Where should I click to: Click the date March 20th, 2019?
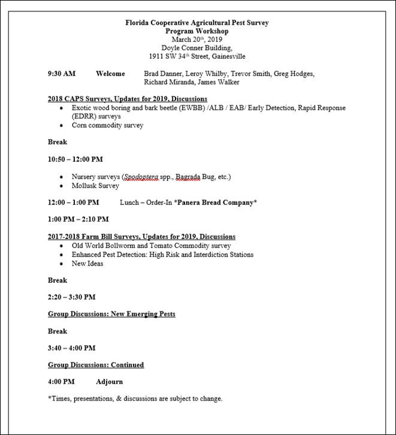point(197,39)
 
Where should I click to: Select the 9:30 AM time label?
point(62,74)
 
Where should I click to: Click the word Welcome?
point(110,74)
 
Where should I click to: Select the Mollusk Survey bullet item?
point(95,186)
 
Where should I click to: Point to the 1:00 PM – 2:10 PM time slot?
point(74,219)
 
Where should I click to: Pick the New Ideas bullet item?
point(87,264)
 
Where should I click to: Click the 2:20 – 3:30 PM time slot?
point(71,297)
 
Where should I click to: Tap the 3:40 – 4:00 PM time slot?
point(71,348)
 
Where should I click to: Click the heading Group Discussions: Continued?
point(96,364)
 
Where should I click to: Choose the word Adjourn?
point(110,381)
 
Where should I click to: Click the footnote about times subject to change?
point(135,398)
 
